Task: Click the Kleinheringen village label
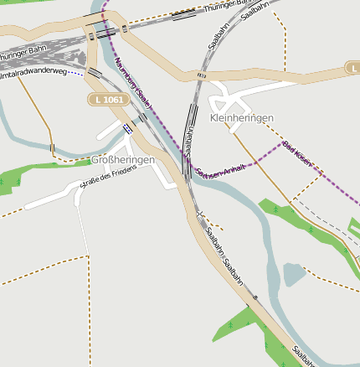click(242, 119)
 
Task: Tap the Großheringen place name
click(121, 161)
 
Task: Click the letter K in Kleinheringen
click(214, 119)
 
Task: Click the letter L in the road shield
click(99, 100)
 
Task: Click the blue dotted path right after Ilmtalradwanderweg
click(76, 73)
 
